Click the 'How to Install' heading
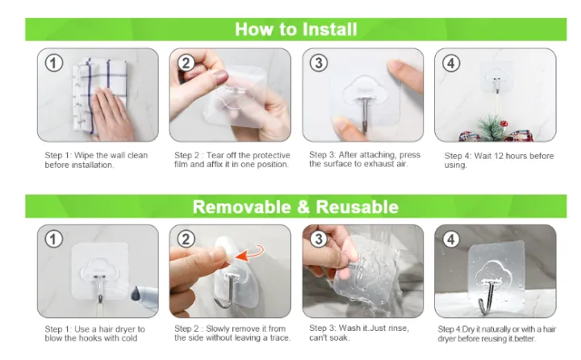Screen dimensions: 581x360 [x=295, y=29]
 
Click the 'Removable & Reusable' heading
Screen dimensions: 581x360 [x=295, y=207]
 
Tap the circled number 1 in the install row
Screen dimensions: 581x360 [x=54, y=63]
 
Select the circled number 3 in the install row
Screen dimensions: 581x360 [x=319, y=63]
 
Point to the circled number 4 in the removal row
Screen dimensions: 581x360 [x=451, y=240]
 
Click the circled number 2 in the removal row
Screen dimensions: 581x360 [x=186, y=240]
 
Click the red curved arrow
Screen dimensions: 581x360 [x=250, y=252]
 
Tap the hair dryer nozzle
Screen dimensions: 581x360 [x=137, y=294]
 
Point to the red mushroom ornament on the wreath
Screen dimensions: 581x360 [x=504, y=123]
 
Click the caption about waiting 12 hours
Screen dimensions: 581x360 [x=499, y=160]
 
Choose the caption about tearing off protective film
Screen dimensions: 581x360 [x=232, y=160]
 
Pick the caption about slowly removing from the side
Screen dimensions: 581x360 [x=232, y=333]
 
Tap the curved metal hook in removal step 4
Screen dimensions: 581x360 [x=489, y=296]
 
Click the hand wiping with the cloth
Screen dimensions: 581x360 [x=111, y=114]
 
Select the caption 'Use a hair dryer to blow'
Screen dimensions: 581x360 [x=95, y=333]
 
